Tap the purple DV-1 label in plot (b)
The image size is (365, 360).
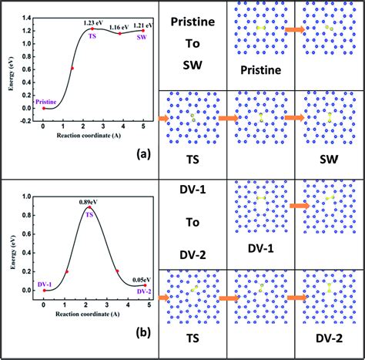[45, 285]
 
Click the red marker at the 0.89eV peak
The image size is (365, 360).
[90, 207]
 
